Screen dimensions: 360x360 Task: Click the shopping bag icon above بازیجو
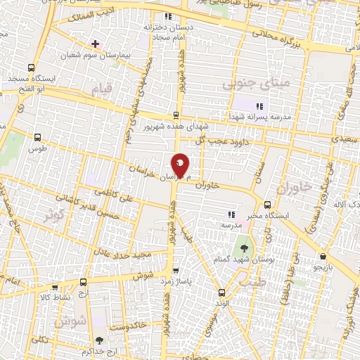323,257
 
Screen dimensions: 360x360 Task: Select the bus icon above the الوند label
221,292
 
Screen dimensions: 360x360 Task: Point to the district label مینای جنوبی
247,84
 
